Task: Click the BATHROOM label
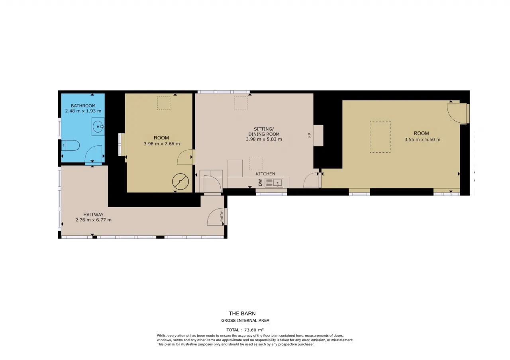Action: [83, 106]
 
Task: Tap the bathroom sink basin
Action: [98, 127]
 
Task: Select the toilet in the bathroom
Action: [71, 145]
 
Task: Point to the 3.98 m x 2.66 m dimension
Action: [162, 144]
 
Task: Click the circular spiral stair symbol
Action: [180, 182]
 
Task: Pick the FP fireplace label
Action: [310, 135]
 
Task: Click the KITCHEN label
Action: [265, 174]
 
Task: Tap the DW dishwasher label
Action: [261, 182]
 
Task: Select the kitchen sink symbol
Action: [274, 183]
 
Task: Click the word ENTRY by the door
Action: [222, 216]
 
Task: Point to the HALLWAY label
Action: [93, 215]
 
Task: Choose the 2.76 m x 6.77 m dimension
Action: [93, 220]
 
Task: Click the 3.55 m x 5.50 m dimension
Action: [422, 140]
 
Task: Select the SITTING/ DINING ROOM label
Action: [264, 131]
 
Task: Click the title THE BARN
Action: [242, 313]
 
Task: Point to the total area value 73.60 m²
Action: [254, 330]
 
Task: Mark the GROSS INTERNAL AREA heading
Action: [245, 321]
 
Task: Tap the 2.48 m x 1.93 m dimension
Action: [83, 111]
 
